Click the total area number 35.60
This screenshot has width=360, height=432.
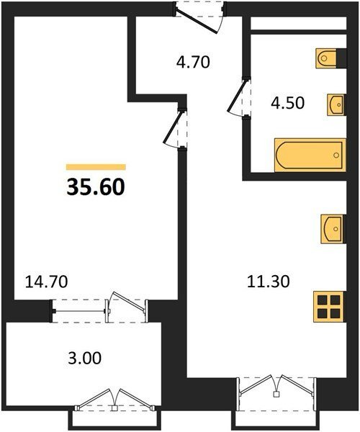[x=96, y=186]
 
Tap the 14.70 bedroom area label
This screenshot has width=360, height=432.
[x=46, y=282]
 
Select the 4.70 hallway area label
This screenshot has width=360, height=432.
[x=193, y=62]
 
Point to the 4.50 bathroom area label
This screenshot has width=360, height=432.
[x=287, y=103]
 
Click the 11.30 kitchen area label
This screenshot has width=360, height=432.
[x=269, y=282]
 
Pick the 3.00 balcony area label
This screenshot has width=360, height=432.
[x=85, y=359]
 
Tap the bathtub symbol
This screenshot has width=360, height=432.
[x=310, y=155]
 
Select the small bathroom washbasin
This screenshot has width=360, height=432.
[x=336, y=104]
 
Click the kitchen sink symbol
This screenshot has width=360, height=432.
[x=333, y=229]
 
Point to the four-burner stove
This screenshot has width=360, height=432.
[x=329, y=307]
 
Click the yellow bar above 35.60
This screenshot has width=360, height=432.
[x=96, y=167]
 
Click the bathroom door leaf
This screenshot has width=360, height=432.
[x=236, y=96]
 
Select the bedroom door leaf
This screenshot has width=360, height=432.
[x=173, y=127]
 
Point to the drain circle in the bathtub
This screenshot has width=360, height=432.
[x=336, y=155]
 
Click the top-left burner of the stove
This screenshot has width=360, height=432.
[x=323, y=300]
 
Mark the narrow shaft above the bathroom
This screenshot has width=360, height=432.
[x=298, y=23]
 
